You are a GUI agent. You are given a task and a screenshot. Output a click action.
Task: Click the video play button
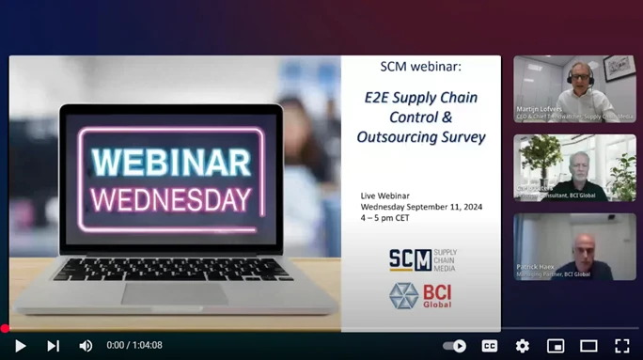(20, 345)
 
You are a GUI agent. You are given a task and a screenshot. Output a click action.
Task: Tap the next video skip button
(53, 345)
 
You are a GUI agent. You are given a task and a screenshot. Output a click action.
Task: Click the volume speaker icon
(86, 345)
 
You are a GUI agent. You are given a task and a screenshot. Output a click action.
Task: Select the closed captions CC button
(490, 345)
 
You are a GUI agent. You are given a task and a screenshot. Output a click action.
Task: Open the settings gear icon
(523, 345)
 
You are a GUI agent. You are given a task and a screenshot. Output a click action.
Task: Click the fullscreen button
(621, 345)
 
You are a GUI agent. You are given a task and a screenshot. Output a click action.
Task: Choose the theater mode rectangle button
(588, 345)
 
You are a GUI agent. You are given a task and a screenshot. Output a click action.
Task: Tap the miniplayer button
(556, 345)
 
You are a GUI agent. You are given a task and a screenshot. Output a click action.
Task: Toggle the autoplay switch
(455, 345)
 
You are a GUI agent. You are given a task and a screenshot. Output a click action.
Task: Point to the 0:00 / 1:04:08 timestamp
(134, 345)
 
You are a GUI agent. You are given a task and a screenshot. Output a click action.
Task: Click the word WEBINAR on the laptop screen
(171, 161)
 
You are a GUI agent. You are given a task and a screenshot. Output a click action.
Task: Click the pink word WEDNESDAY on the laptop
(171, 198)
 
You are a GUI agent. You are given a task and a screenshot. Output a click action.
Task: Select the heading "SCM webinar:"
(420, 67)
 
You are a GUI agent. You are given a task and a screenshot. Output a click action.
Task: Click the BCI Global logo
(421, 296)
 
